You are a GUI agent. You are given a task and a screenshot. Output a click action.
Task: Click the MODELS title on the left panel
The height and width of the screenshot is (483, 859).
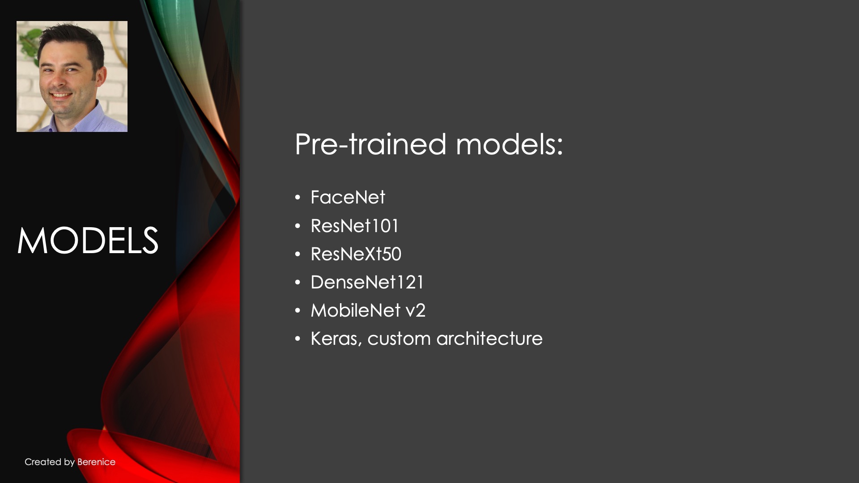click(x=88, y=241)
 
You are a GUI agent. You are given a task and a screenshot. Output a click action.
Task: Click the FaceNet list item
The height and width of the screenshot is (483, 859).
click(x=348, y=197)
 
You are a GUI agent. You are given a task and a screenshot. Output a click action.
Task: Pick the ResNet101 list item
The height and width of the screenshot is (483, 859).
click(x=354, y=226)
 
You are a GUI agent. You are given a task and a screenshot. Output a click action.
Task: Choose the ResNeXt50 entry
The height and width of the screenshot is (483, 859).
click(x=356, y=254)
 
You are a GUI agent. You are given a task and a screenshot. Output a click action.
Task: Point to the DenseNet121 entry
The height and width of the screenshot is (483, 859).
click(x=367, y=282)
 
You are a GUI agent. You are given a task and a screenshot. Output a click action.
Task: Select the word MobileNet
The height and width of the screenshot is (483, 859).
click(x=356, y=310)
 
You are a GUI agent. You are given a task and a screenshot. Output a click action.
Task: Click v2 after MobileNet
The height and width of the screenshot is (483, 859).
click(x=416, y=311)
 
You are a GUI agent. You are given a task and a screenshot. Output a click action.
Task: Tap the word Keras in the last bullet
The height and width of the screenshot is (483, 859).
click(x=336, y=339)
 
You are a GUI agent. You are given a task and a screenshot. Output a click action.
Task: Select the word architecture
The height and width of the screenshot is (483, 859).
click(x=489, y=339)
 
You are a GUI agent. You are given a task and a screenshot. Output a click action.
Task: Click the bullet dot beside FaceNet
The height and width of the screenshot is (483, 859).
click(x=298, y=197)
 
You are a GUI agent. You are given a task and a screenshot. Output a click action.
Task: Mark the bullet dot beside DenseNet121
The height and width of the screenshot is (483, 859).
click(x=298, y=282)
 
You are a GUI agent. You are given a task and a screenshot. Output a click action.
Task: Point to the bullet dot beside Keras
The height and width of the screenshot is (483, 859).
click(x=298, y=339)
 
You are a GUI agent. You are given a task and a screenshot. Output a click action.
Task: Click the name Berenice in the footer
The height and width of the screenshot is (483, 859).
click(x=96, y=462)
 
